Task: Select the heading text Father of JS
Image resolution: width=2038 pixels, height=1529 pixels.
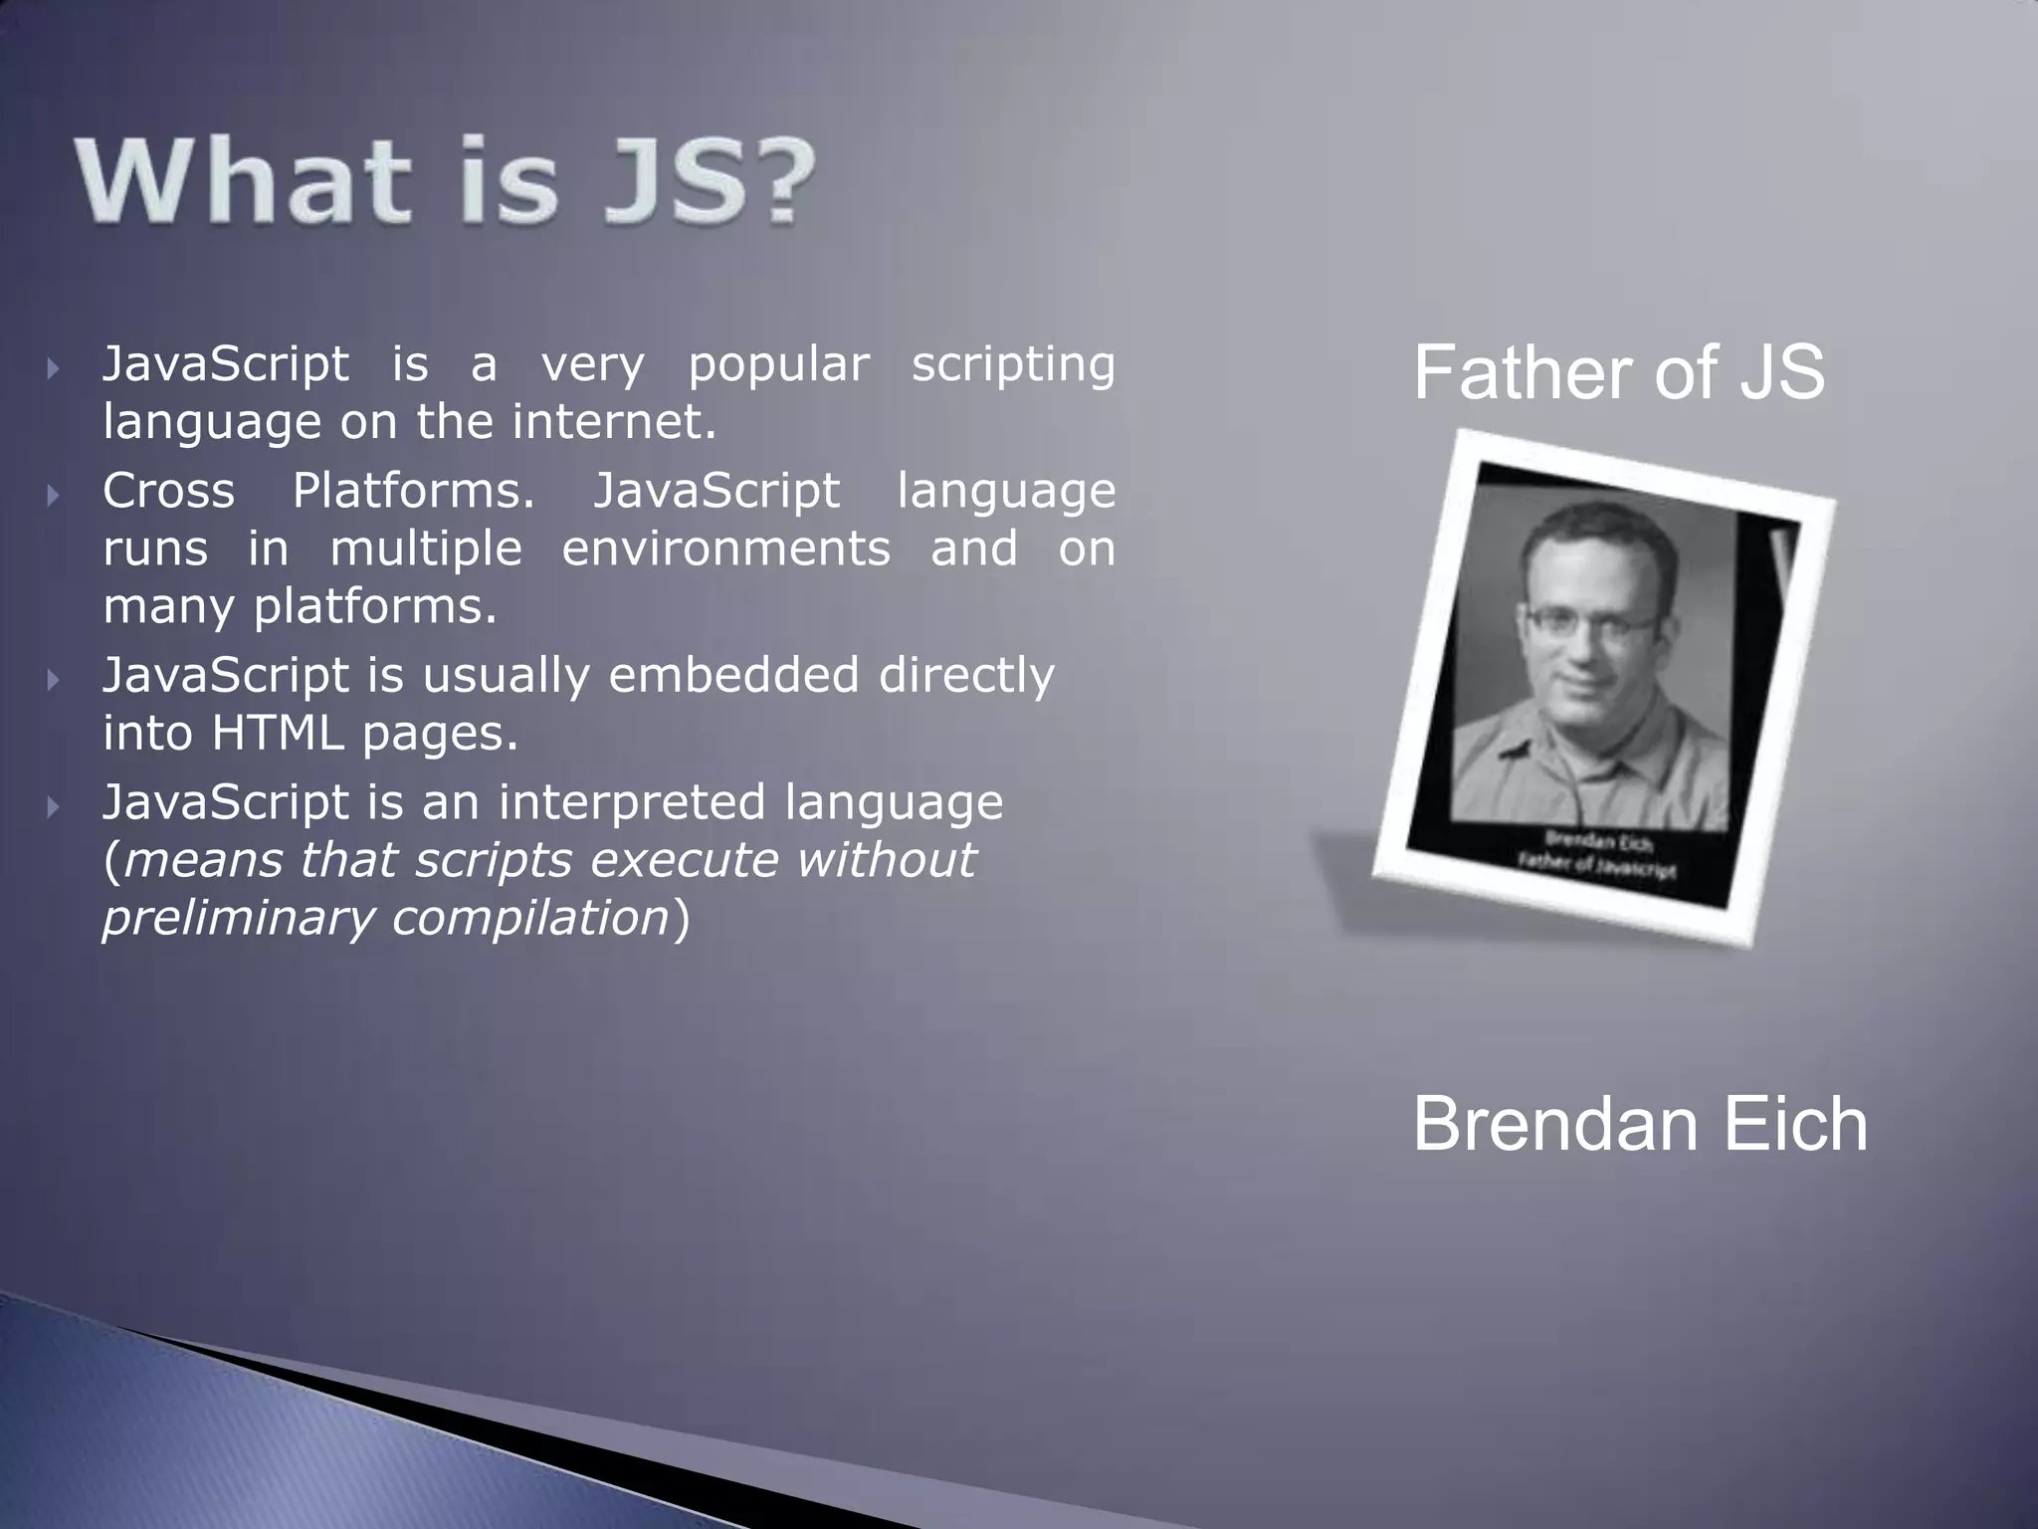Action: point(1619,372)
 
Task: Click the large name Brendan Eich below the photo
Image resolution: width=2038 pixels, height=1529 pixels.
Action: point(1640,1124)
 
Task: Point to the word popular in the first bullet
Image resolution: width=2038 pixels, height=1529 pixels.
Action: point(778,365)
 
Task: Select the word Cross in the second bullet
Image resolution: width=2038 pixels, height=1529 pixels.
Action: point(168,491)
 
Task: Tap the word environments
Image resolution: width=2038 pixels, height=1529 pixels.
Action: point(726,548)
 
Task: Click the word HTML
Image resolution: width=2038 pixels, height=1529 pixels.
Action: point(277,734)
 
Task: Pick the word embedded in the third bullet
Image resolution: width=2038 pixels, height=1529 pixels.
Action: point(733,676)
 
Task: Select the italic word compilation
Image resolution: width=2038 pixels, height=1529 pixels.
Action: point(529,918)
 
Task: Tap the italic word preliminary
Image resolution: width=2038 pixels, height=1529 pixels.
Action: point(237,918)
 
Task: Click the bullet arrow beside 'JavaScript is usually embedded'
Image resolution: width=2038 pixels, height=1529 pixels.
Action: point(54,680)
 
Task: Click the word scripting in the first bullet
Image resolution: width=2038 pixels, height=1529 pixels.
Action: point(1013,365)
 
